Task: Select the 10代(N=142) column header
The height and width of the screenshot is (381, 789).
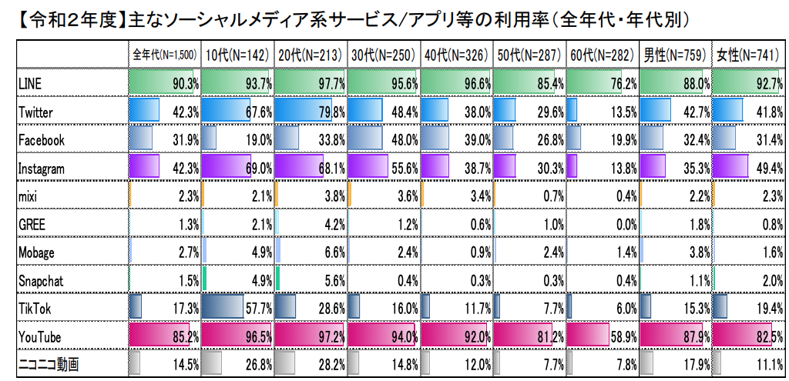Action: pos(235,55)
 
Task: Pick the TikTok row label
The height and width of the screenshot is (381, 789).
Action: pos(34,308)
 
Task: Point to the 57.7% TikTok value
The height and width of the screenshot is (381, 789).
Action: pos(257,308)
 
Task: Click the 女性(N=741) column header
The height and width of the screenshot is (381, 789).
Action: pos(747,55)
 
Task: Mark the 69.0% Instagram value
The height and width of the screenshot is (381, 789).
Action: pos(257,168)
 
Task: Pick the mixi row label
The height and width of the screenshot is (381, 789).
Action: pos(28,196)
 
